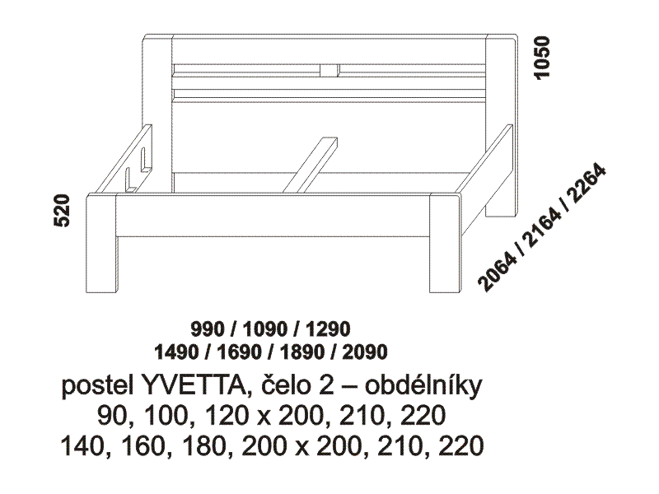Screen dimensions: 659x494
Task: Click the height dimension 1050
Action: coord(541,57)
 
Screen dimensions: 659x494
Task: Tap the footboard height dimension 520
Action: coord(62,211)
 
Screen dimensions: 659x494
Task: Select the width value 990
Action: coord(208,329)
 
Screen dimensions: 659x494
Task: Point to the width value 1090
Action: coord(265,329)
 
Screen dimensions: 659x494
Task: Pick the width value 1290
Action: coord(328,329)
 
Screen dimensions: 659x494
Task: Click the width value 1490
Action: coord(176,352)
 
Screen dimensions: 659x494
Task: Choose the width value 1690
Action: coord(239,352)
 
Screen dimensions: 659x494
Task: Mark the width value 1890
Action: coord(301,352)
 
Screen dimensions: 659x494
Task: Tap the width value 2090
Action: coord(365,352)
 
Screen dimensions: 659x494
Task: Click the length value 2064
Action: coord(499,272)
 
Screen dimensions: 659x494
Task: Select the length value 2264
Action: coord(586,184)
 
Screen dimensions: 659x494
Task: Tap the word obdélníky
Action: coord(423,386)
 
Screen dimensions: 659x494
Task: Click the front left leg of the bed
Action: coord(101,243)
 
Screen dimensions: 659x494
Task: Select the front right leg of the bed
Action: coord(446,243)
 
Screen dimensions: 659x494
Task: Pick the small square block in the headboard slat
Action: coord(329,70)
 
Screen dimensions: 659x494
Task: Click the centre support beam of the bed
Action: coord(311,165)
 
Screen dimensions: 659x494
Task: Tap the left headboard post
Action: coord(158,114)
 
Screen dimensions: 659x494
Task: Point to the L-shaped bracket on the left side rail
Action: coord(131,179)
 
